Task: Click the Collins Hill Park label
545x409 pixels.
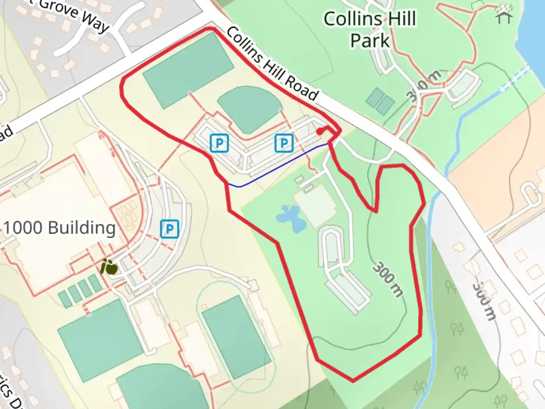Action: click(370, 30)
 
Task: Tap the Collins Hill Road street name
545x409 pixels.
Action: click(272, 64)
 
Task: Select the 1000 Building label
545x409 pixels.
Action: click(59, 228)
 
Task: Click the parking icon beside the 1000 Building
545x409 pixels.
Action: click(169, 229)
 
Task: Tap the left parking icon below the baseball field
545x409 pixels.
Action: click(219, 143)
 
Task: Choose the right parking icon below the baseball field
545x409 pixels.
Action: click(283, 143)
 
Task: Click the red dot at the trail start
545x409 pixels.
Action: click(320, 132)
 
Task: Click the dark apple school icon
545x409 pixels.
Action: click(109, 267)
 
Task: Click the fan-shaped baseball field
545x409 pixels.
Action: click(249, 108)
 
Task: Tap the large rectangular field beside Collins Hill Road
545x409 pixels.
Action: click(188, 70)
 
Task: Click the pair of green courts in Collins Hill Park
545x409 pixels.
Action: click(380, 101)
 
